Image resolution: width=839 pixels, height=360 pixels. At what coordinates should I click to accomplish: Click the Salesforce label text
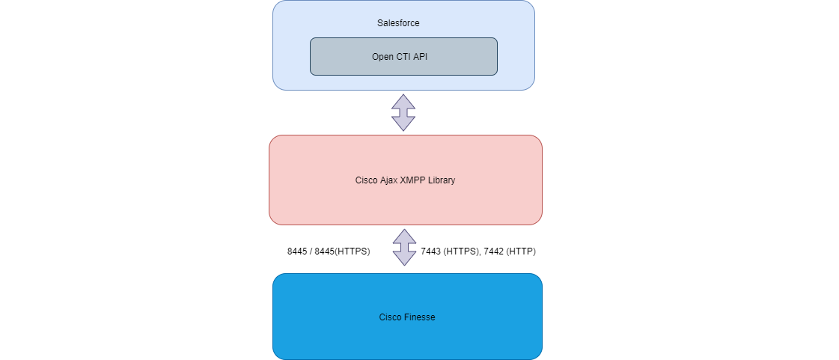pos(398,23)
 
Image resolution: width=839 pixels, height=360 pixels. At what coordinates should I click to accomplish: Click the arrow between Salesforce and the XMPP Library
pos(403,112)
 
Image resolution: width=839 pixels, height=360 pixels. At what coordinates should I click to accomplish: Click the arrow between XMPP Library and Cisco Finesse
pos(405,248)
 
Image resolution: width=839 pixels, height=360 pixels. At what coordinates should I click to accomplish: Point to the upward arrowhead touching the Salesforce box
pos(403,100)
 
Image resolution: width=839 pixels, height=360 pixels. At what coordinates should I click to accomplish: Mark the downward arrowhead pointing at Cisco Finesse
pos(405,259)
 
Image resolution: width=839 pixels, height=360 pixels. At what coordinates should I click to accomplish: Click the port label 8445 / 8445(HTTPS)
pos(329,251)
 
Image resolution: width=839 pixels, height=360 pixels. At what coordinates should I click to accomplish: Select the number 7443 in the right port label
pos(430,251)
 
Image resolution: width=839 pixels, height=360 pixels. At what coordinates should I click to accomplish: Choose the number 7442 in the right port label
pos(494,251)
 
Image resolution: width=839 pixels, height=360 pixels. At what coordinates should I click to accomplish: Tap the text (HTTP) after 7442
pos(521,251)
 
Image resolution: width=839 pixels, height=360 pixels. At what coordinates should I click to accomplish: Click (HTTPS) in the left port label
pos(353,251)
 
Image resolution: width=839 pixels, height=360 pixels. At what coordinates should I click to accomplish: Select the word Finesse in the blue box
pos(420,317)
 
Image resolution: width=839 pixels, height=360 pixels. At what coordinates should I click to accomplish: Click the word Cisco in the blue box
pos(390,317)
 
